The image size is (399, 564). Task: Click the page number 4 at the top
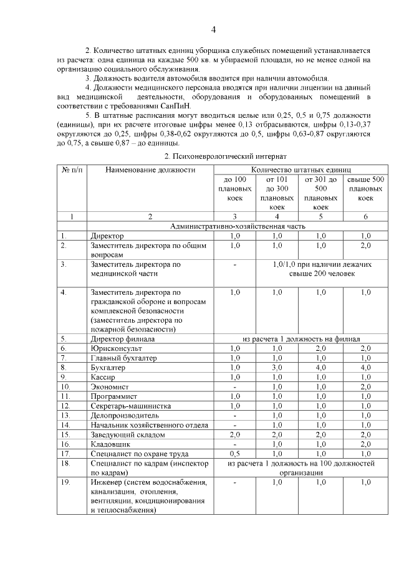point(213,29)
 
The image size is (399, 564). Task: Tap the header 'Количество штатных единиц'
point(300,170)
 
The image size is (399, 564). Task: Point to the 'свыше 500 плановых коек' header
point(365,188)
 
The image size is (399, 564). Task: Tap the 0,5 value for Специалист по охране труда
point(234,453)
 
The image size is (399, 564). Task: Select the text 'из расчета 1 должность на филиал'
point(300,339)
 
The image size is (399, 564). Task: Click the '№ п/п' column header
point(71,170)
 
